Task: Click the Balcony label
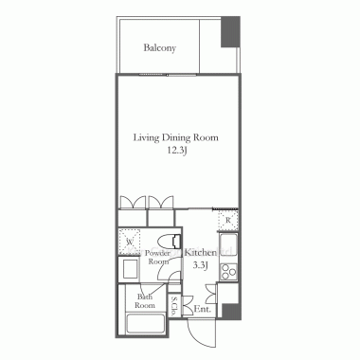[x=160, y=48]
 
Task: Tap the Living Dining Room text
[x=175, y=138]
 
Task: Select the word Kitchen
[x=201, y=253]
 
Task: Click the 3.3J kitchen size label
[x=200, y=265]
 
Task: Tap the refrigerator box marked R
[x=227, y=220]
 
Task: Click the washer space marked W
[x=129, y=242]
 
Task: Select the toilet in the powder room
[x=170, y=242]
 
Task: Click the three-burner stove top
[x=228, y=271]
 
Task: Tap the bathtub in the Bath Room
[x=146, y=324]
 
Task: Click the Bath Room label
[x=145, y=301]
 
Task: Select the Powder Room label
[x=159, y=258]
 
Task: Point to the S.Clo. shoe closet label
[x=173, y=306]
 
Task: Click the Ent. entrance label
[x=202, y=309]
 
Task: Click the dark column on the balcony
[x=230, y=32]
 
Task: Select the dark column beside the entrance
[x=230, y=311]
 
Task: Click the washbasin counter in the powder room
[x=128, y=269]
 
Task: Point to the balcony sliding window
[x=168, y=75]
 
